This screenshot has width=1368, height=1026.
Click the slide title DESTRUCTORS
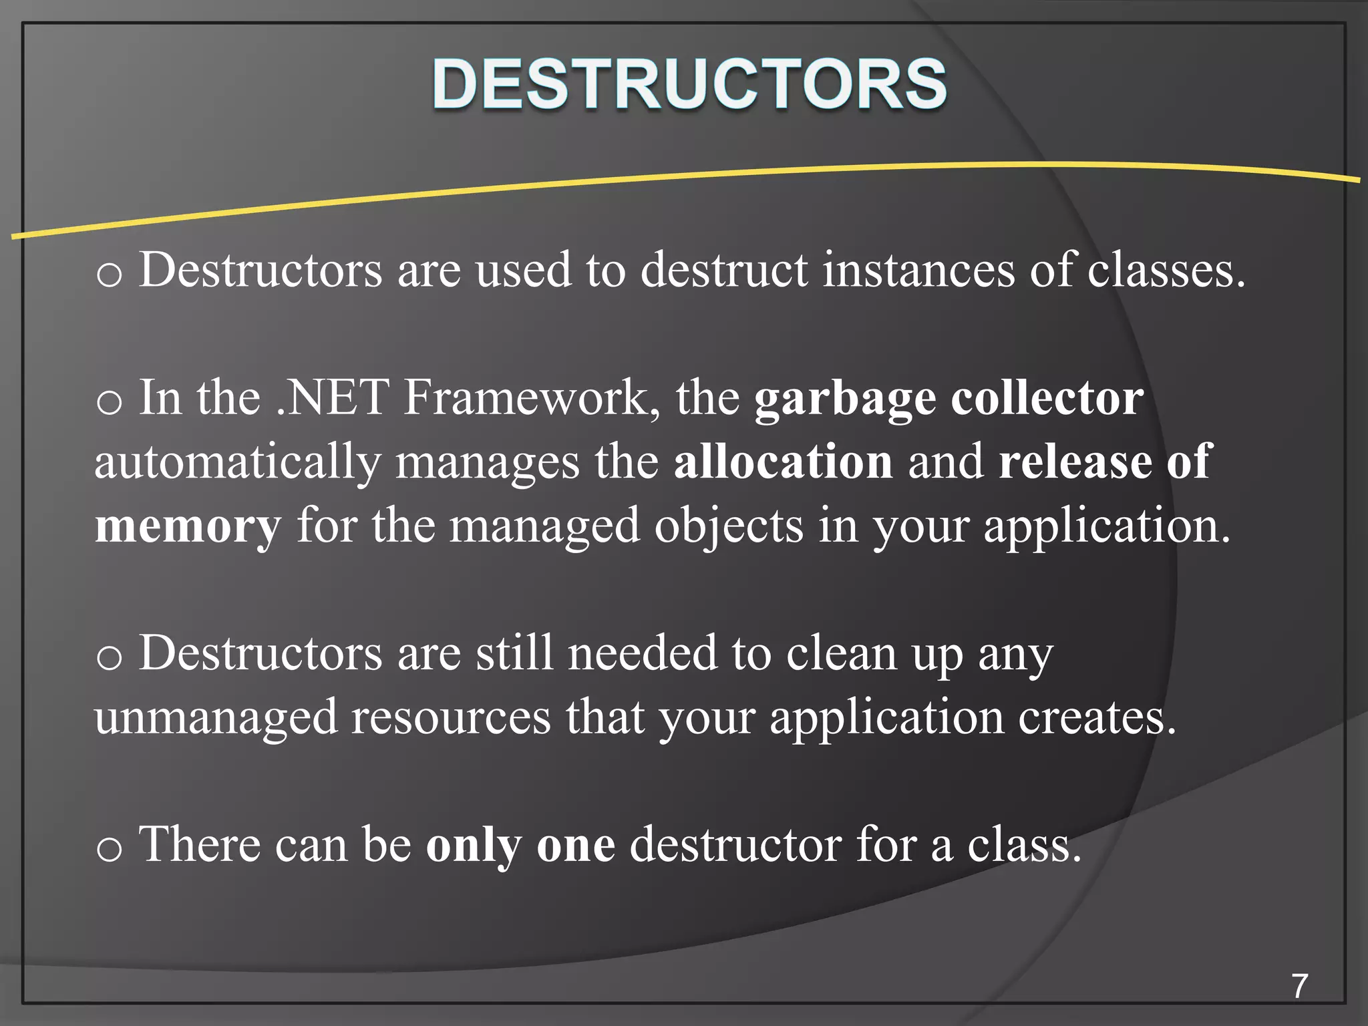[x=689, y=84]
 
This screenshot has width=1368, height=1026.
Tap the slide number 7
[x=1299, y=986]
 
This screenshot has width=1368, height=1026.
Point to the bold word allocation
[x=783, y=462]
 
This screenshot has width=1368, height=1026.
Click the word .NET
[x=333, y=398]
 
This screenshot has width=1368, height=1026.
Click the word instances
[x=918, y=271]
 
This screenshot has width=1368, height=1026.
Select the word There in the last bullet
[x=199, y=844]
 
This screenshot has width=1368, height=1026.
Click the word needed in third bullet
[x=642, y=653]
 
